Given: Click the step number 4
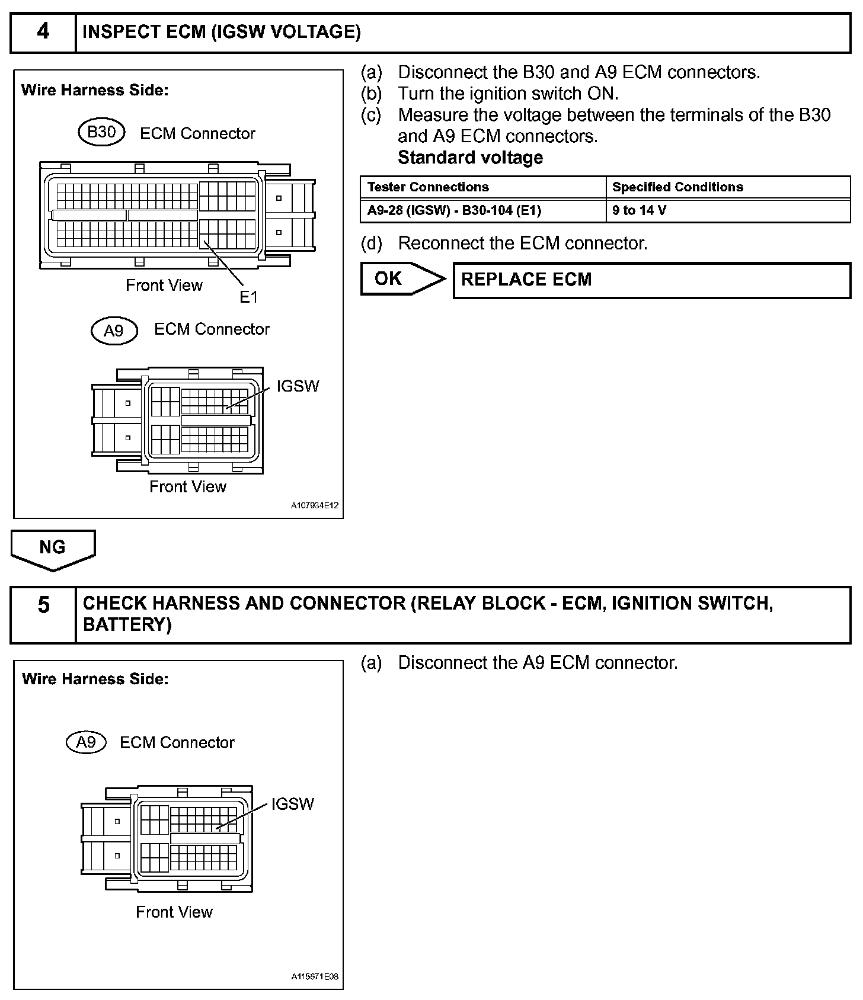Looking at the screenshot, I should pyautogui.click(x=43, y=31).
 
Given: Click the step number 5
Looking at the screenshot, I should pyautogui.click(x=43, y=605).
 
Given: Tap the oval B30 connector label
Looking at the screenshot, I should pyautogui.click(x=101, y=132).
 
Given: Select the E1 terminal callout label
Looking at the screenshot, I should pyautogui.click(x=249, y=297).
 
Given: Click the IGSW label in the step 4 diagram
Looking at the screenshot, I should pyautogui.click(x=298, y=386).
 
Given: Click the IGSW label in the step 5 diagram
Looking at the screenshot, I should pyautogui.click(x=292, y=804).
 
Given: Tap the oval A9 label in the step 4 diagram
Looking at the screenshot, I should pyautogui.click(x=114, y=331).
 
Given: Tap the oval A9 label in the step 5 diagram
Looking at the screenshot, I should pyautogui.click(x=87, y=742).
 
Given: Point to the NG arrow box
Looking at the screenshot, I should pyautogui.click(x=53, y=549).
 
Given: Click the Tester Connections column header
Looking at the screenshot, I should pyautogui.click(x=428, y=187).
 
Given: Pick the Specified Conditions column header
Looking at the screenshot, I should pyautogui.click(x=677, y=187).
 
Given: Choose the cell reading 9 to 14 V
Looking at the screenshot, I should pyautogui.click(x=639, y=210).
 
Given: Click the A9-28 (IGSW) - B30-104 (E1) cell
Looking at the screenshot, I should pyautogui.click(x=454, y=210).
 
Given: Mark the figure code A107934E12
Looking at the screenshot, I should pyautogui.click(x=314, y=506).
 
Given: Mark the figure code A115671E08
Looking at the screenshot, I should pyautogui.click(x=314, y=977).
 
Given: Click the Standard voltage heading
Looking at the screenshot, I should pyautogui.click(x=470, y=158).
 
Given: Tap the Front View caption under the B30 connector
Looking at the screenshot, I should pyautogui.click(x=164, y=286).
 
